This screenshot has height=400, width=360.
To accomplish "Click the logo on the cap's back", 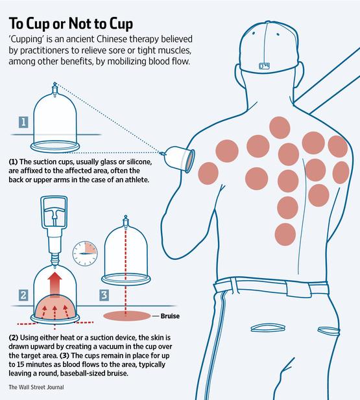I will click(265, 65).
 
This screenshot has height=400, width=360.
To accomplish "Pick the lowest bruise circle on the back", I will click(287, 233).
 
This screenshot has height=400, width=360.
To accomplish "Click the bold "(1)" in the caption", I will click(14, 161).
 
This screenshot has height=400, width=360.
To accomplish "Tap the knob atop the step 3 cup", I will click(124, 220).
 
